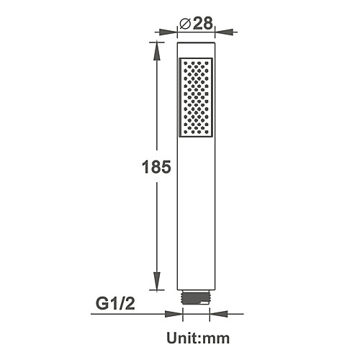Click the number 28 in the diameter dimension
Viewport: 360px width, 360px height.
(203, 23)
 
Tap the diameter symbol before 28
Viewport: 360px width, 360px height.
(185, 24)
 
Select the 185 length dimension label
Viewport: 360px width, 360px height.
(156, 167)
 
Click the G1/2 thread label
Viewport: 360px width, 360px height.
(115, 303)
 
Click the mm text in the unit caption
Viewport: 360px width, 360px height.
(216, 339)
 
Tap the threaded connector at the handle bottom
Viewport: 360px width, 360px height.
(196, 298)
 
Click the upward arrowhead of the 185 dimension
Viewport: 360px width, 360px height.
(157, 51)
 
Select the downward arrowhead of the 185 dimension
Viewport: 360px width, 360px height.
(157, 281)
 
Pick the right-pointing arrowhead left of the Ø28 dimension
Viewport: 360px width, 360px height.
(168, 32)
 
